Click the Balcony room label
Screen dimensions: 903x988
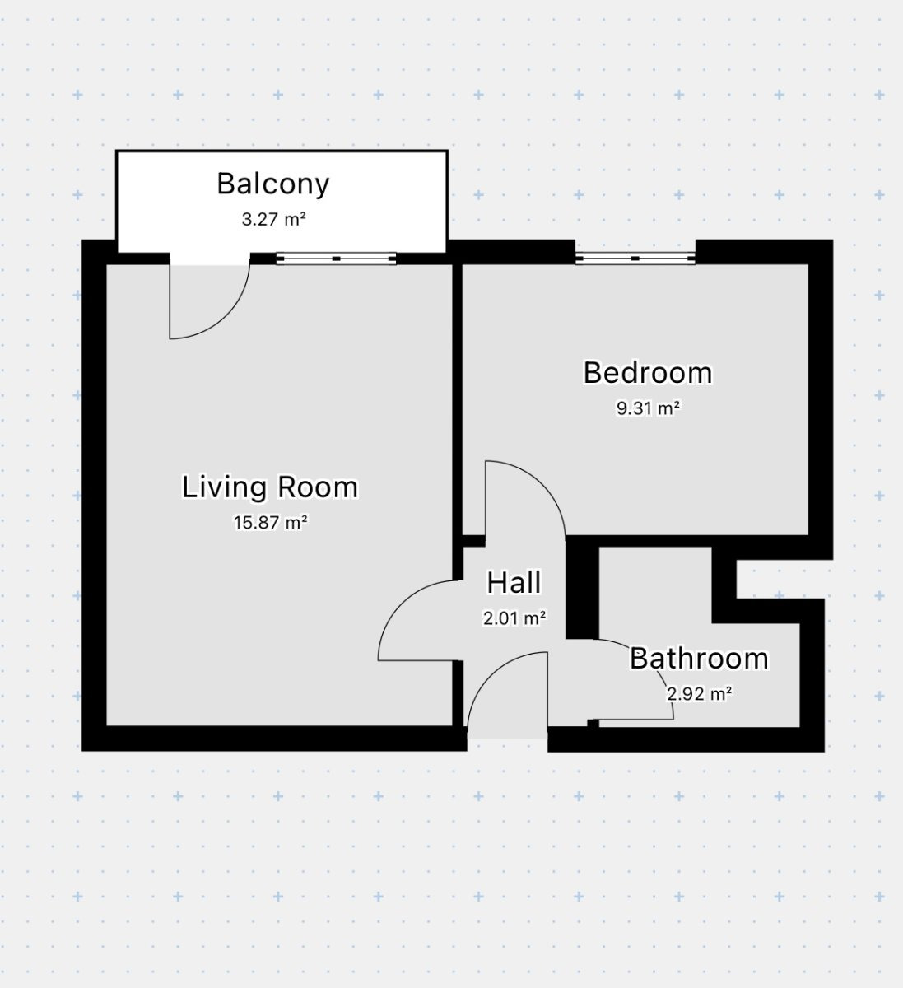273,184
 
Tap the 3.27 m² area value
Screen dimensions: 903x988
274,219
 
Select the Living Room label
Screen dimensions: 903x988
270,487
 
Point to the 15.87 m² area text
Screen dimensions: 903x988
271,522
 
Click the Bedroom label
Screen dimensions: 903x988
648,373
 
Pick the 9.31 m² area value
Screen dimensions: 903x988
649,408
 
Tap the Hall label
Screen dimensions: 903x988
514,583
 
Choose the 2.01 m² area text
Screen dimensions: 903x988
514,618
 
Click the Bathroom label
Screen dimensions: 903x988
699,659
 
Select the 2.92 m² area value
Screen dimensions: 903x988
700,694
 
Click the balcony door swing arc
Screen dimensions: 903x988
226,316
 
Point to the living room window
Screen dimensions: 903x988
336,259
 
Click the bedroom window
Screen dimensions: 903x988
635,258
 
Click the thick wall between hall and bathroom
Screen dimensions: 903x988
582,588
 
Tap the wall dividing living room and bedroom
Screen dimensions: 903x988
458,399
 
